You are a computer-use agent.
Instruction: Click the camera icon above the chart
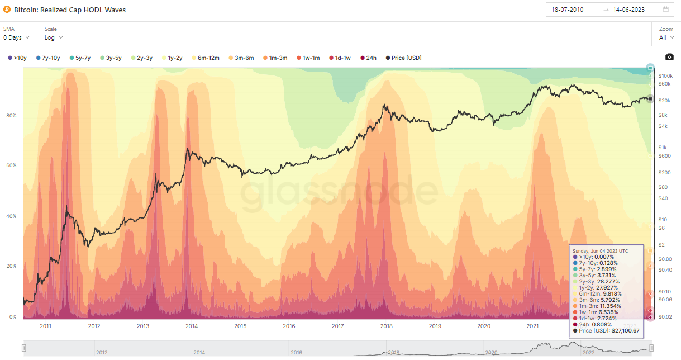(669, 57)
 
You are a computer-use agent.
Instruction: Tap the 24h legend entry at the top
(368, 58)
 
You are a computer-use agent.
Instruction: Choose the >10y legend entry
(17, 58)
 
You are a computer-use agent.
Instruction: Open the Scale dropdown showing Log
(54, 37)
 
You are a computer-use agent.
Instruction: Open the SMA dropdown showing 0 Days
(16, 37)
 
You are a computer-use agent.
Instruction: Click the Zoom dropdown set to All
(666, 37)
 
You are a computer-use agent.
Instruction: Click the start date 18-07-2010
(568, 10)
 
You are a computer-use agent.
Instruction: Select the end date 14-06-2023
(629, 10)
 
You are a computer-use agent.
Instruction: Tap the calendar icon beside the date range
(665, 10)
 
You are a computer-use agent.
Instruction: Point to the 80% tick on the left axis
(11, 116)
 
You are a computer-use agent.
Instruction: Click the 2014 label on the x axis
(192, 326)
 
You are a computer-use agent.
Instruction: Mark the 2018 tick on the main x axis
(386, 326)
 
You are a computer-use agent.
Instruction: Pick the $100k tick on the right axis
(665, 75)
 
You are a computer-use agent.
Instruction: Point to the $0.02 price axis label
(665, 317)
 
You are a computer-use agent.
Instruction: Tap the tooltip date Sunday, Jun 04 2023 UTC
(600, 251)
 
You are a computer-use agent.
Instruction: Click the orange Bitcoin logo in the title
(7, 10)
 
